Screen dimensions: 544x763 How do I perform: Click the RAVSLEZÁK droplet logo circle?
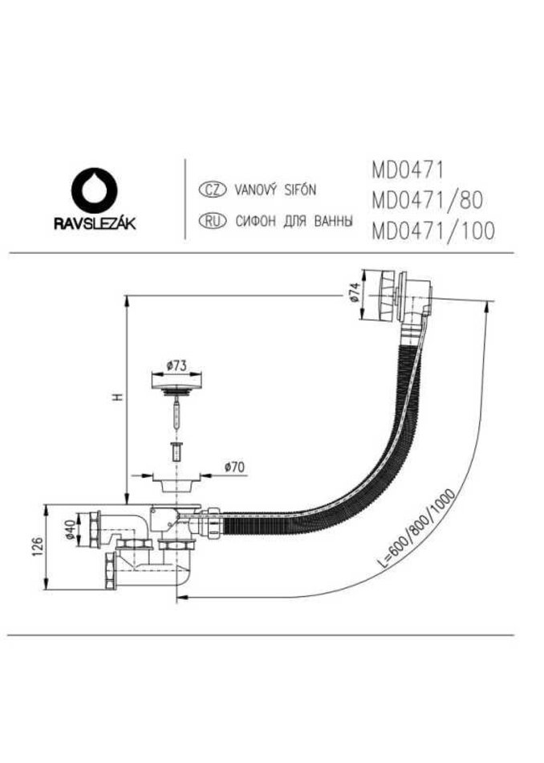(95, 190)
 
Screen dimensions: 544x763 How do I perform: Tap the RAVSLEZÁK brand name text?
(95, 223)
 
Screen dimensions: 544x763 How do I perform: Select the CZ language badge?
(213, 190)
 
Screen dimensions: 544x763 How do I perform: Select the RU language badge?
(213, 222)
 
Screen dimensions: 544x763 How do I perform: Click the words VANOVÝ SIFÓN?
(275, 190)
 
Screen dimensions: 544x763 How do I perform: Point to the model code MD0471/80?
(428, 200)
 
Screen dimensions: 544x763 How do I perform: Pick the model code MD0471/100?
(433, 231)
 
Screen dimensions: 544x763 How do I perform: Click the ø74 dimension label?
(353, 293)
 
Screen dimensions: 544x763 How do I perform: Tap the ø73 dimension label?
(176, 366)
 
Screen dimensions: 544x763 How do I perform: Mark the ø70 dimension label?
(234, 467)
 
